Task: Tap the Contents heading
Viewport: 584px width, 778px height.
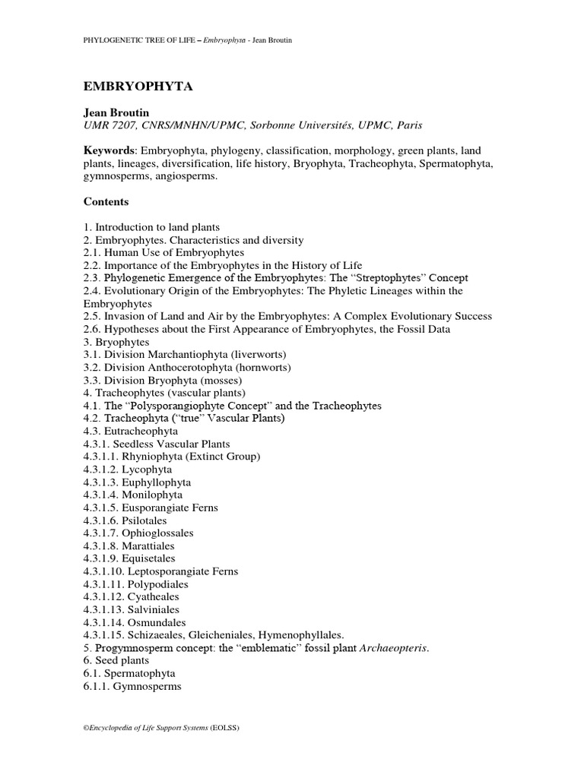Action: tap(106, 202)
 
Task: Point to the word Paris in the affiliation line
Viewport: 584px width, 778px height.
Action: tap(408, 125)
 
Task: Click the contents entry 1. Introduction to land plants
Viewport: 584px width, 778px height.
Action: tap(157, 227)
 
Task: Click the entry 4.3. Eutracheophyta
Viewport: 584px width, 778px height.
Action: tap(131, 431)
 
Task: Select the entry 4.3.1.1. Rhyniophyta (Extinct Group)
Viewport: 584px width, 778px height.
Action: tap(172, 457)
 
